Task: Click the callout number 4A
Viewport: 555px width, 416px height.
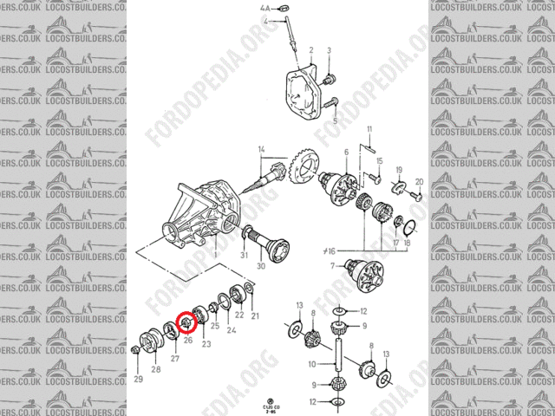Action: click(x=264, y=8)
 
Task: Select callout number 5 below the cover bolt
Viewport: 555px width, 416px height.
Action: click(x=333, y=120)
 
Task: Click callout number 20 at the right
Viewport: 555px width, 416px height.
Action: click(x=418, y=182)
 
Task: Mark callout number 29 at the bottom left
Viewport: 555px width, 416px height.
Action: click(x=138, y=380)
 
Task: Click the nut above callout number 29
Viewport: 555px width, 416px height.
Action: click(x=136, y=350)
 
